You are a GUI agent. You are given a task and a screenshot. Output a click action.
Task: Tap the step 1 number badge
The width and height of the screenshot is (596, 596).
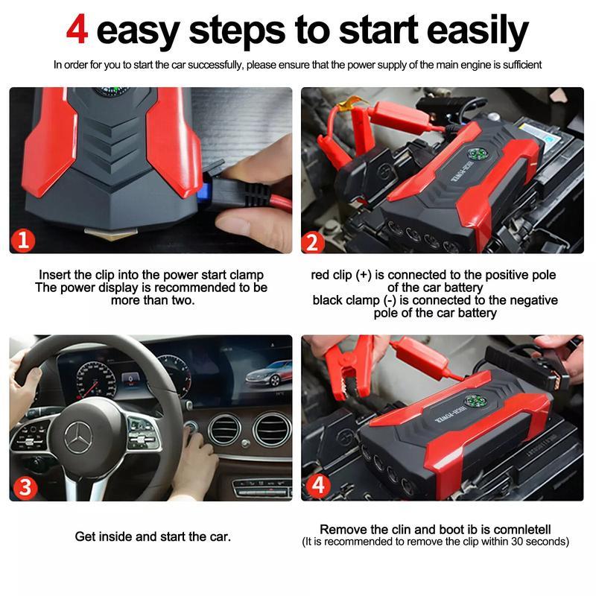point(25,239)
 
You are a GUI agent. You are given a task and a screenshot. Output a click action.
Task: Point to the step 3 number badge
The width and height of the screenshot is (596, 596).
point(25,486)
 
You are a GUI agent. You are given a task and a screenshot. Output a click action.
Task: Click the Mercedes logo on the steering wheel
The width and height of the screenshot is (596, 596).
point(77,436)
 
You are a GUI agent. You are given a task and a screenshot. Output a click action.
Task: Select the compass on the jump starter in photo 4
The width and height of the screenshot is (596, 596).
point(475,401)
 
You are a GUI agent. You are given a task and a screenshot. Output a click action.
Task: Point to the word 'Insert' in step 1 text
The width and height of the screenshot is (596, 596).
point(55,275)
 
